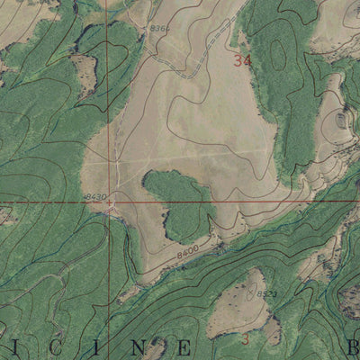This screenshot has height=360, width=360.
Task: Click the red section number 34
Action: (x=240, y=61)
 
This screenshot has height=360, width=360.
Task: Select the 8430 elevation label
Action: (x=94, y=196)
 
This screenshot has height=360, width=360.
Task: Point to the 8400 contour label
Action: (x=187, y=256)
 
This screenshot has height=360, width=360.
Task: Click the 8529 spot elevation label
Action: (x=266, y=293)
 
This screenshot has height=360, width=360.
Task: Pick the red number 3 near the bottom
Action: (x=245, y=339)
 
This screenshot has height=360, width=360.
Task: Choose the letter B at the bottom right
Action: (x=354, y=346)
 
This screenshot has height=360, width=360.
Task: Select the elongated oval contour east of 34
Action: (x=279, y=56)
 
